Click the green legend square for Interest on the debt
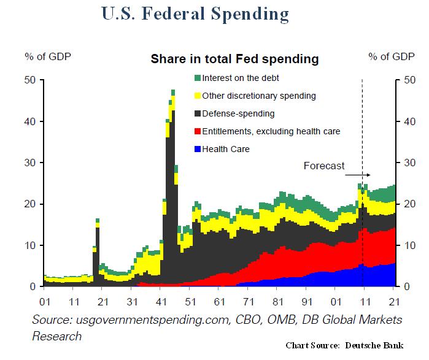coord(197,78)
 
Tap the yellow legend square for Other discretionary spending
coord(197,96)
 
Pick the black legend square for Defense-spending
coord(197,113)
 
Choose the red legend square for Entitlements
coord(197,131)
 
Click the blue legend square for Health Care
coord(197,149)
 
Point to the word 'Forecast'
coord(325,166)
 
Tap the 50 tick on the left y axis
coord(30,80)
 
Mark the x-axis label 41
coord(161,302)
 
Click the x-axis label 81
coord(278,302)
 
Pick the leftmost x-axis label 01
coord(44,302)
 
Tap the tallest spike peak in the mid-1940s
coord(173,91)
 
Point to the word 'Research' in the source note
coord(56,336)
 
